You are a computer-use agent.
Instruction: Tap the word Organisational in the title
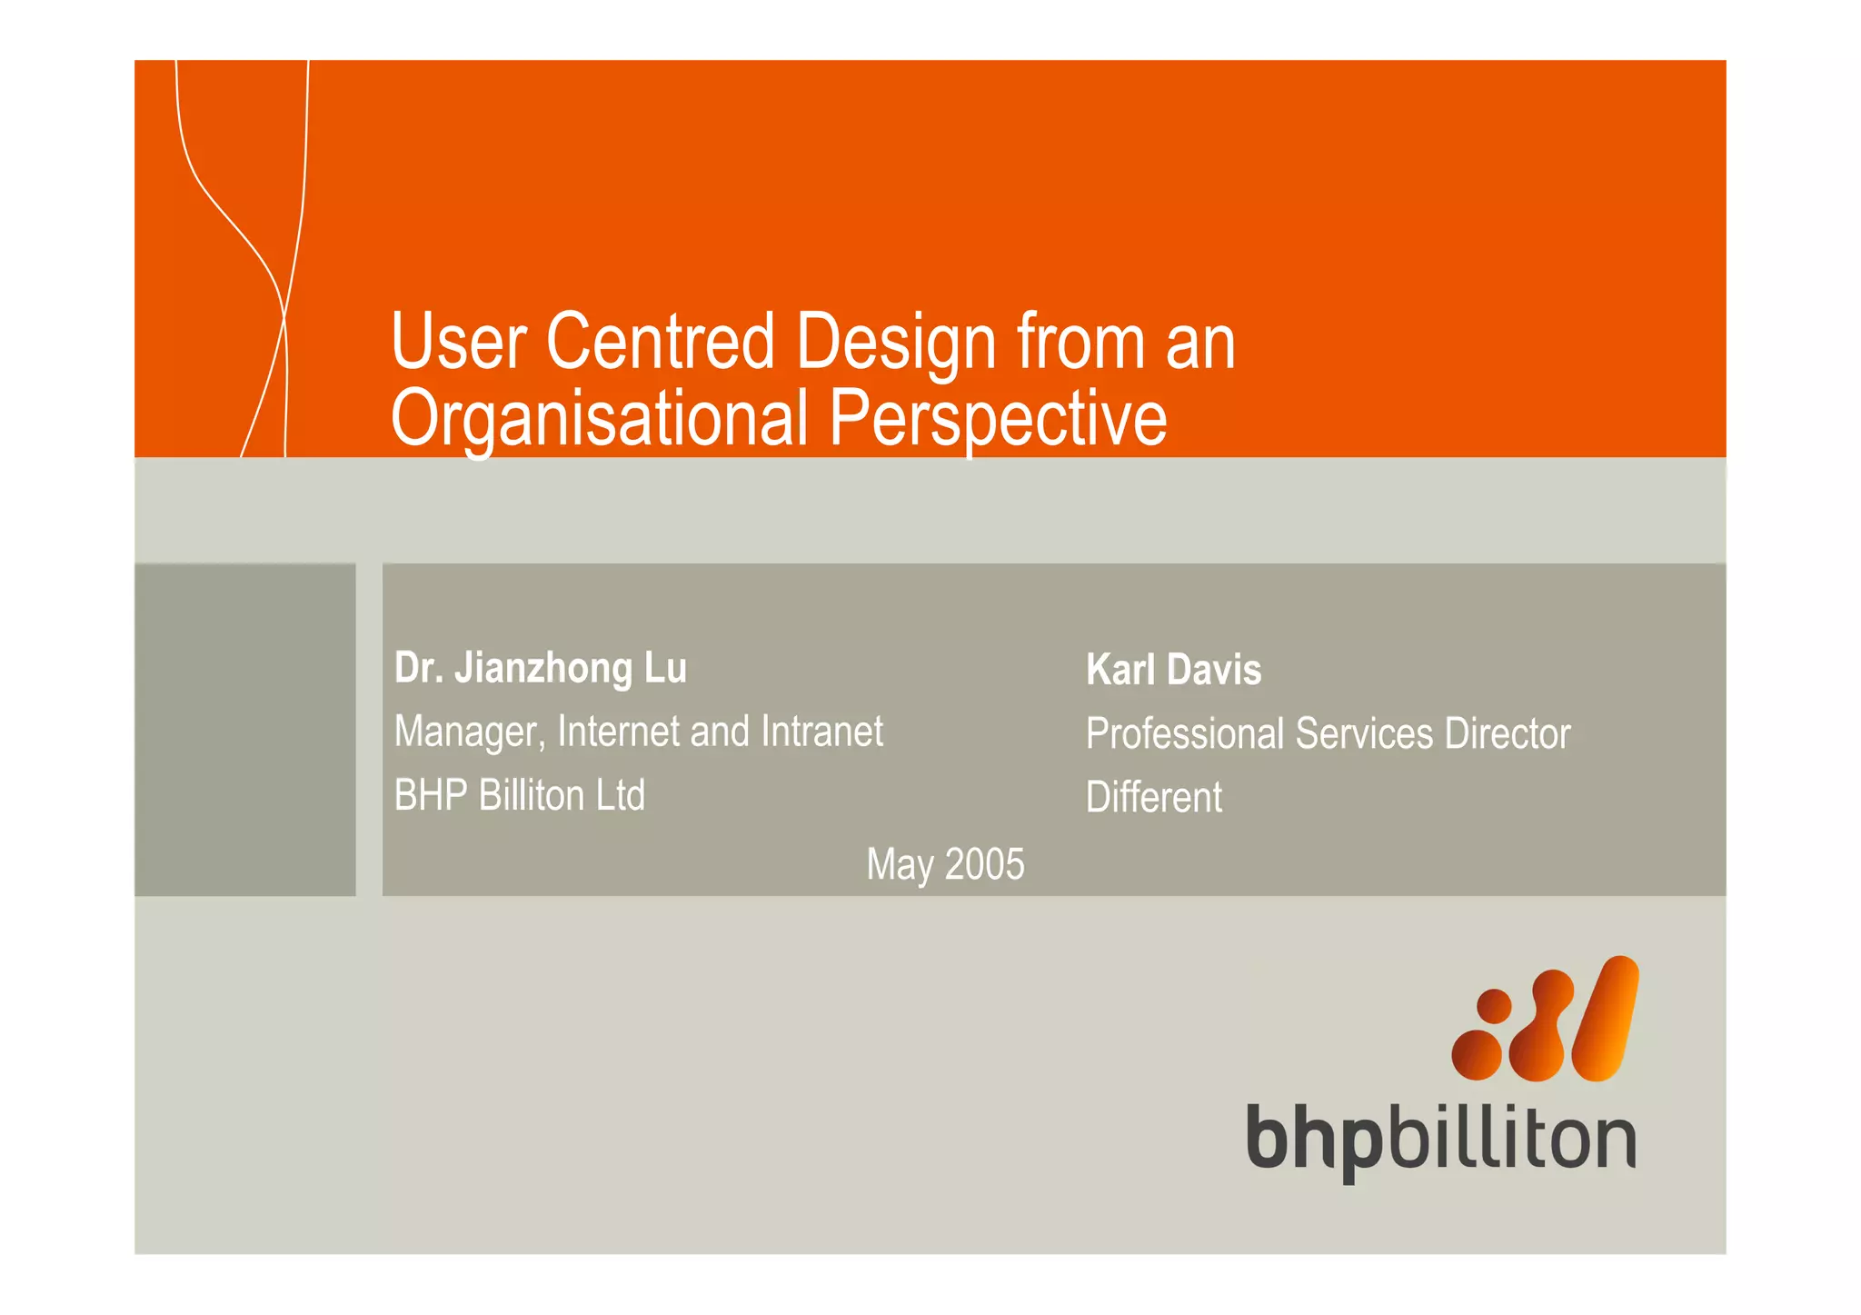coord(599,419)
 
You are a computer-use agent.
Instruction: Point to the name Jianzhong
coord(543,668)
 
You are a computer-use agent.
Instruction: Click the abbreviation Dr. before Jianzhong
coord(418,668)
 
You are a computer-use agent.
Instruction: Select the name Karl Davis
coord(1173,671)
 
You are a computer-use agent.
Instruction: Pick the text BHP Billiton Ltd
coord(519,795)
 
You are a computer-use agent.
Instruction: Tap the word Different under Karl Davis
coord(1153,798)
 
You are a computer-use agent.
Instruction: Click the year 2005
coord(985,864)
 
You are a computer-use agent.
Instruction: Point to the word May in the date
coord(900,865)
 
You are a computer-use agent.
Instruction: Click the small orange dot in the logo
coord(1494,1006)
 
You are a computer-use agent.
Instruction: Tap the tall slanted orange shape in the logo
coord(1606,1018)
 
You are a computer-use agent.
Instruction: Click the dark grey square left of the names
coord(244,730)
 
